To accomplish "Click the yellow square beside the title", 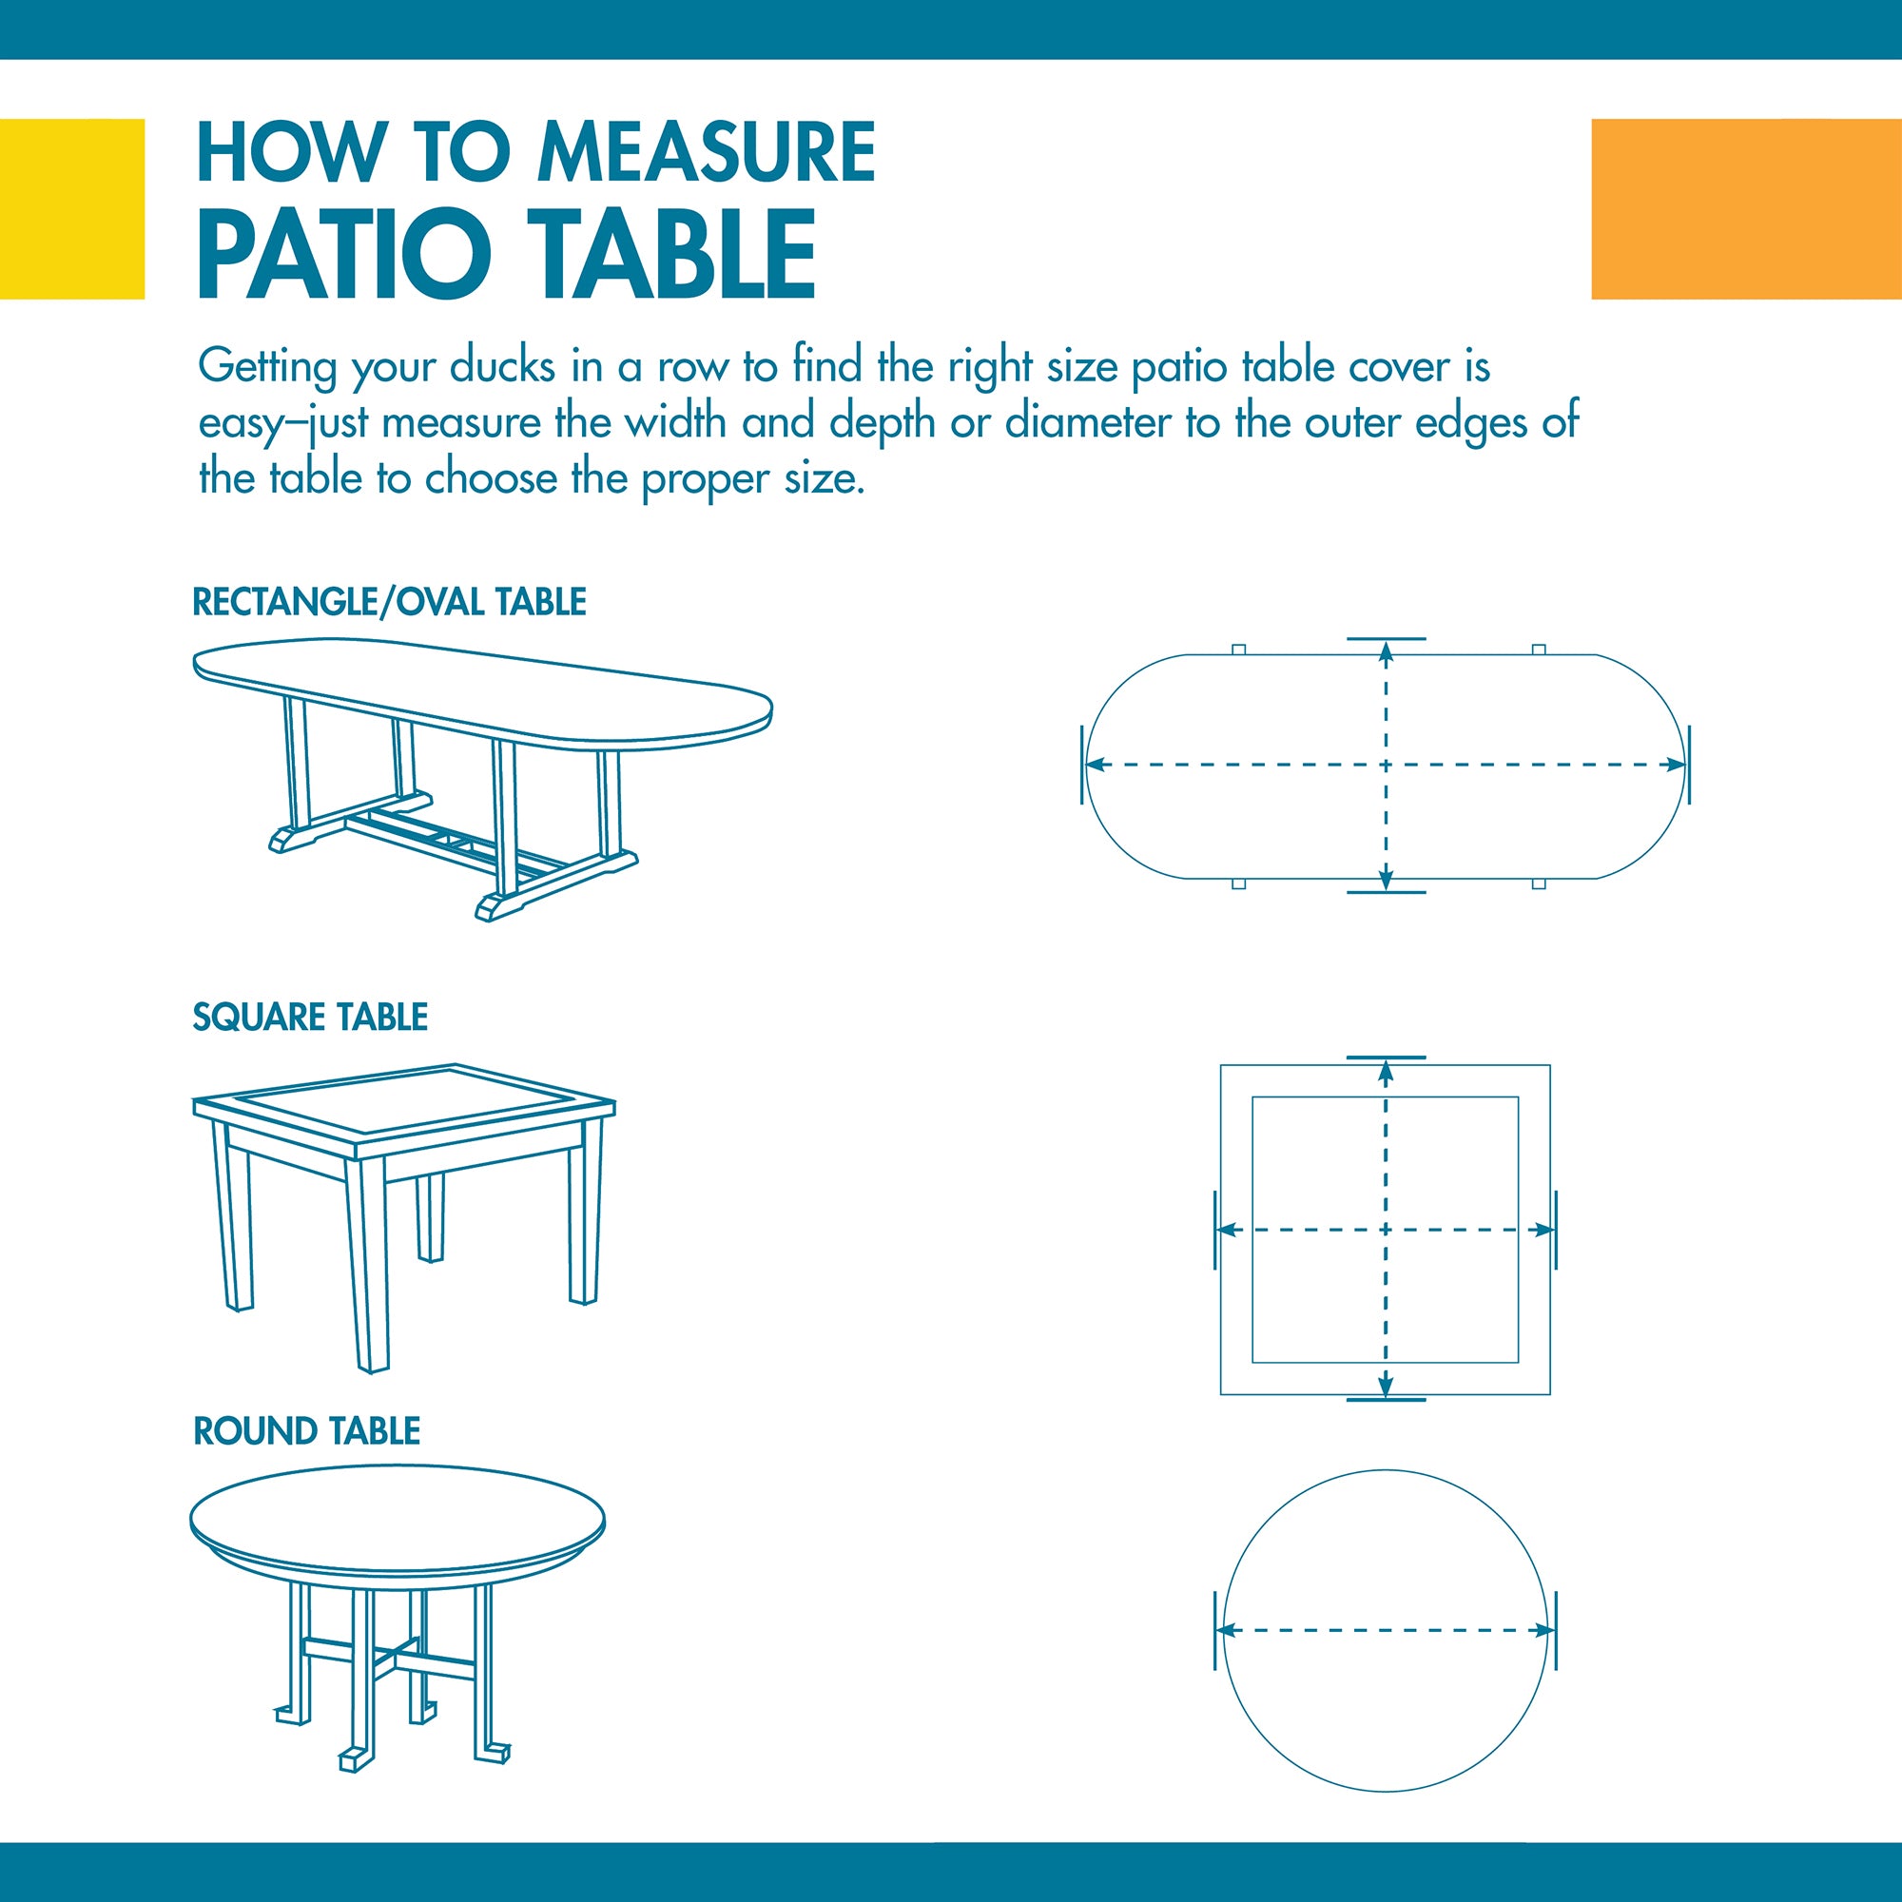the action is (72, 208).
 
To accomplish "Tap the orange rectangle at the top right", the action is (1746, 208).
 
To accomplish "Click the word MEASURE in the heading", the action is (706, 151).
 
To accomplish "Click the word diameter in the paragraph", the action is (1088, 422).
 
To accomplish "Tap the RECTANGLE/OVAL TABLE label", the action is (390, 602).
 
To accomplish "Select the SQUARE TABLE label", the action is (310, 1017).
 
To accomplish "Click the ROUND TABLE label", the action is (307, 1430).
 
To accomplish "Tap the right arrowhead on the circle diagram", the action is (1544, 1631).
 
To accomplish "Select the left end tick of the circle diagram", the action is (1215, 1630).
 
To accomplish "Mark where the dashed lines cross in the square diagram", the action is (1387, 1230).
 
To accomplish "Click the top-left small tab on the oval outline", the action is (1239, 650).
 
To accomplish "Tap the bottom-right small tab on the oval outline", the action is (1539, 883).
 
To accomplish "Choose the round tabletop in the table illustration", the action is (397, 1522).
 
